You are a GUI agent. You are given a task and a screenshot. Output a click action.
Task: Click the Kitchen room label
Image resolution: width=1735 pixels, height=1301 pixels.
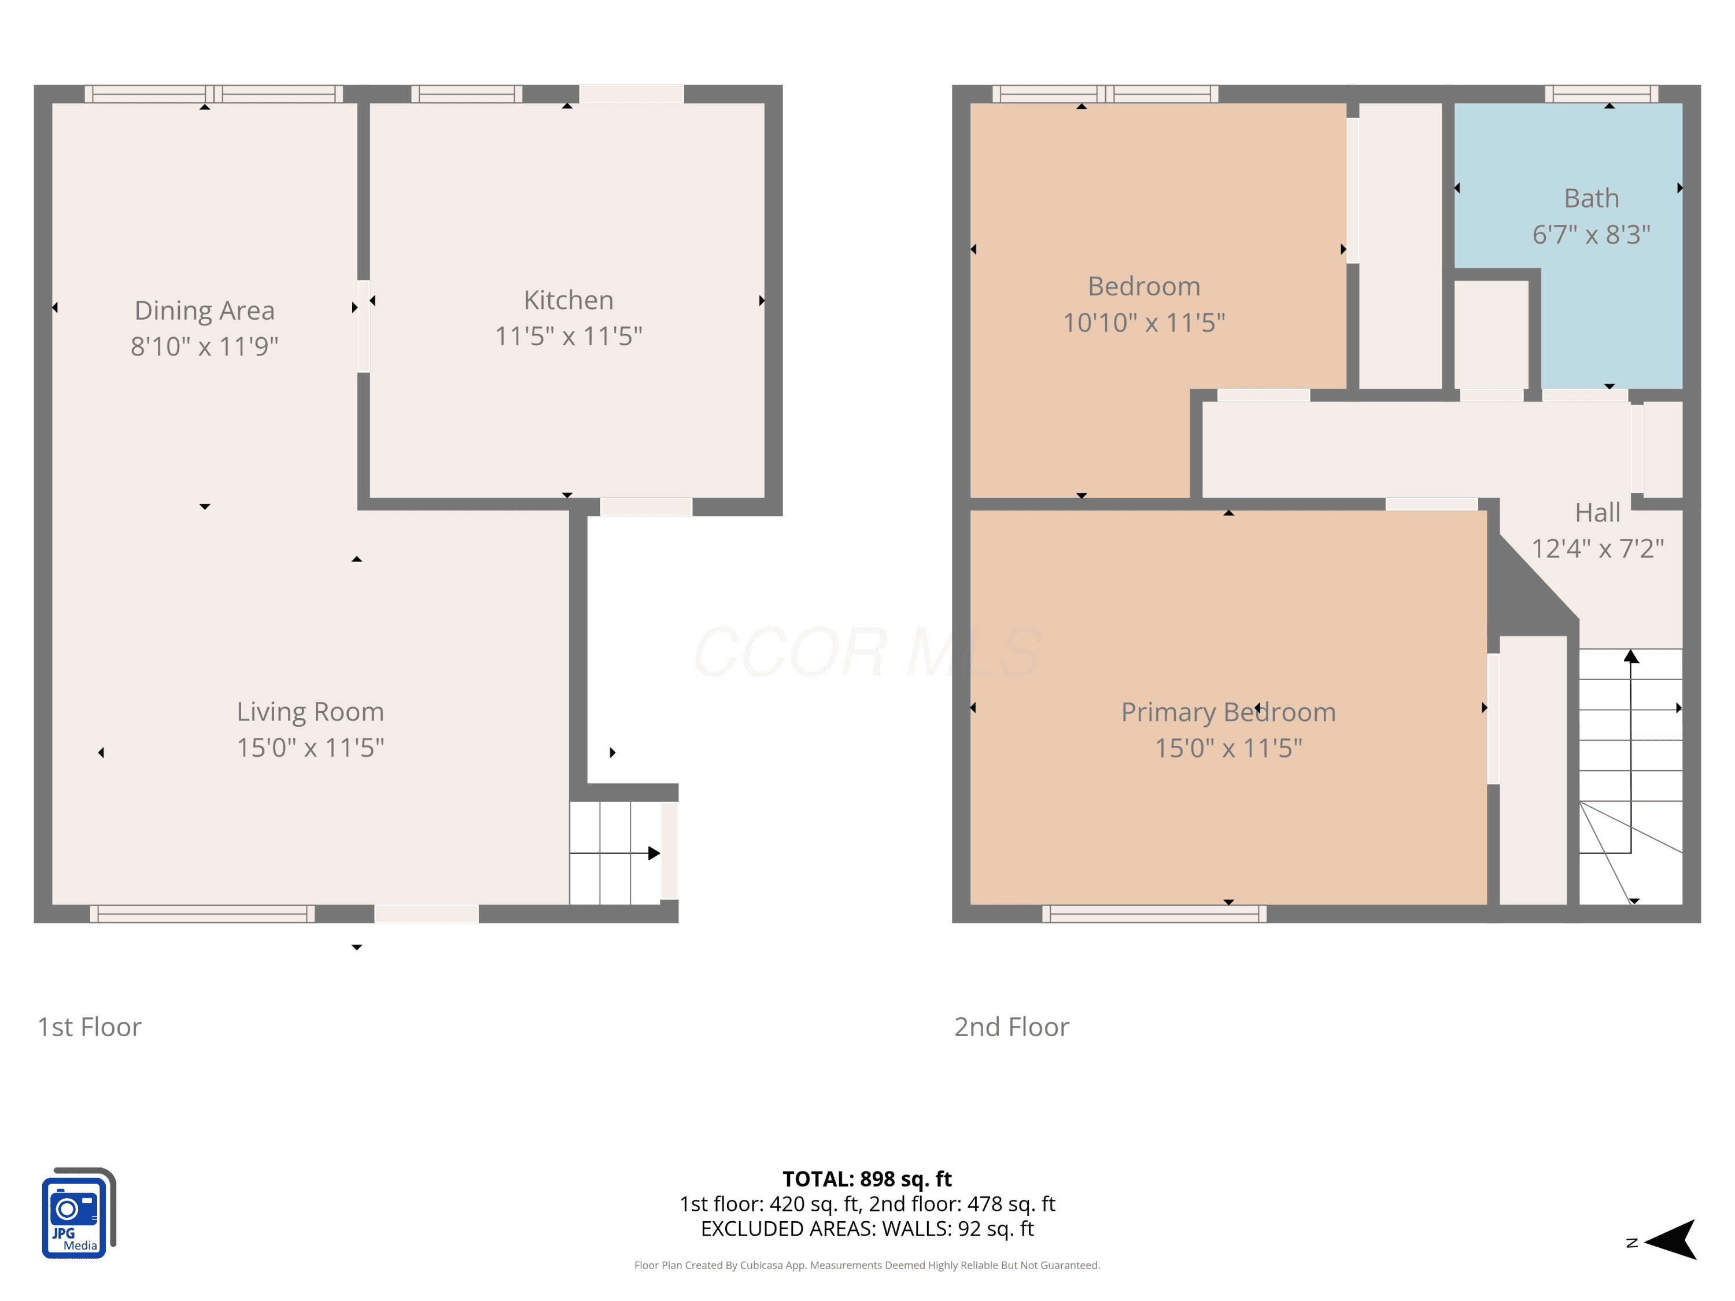tap(569, 300)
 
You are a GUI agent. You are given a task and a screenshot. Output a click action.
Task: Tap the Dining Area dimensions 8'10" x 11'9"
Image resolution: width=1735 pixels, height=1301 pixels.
tap(205, 346)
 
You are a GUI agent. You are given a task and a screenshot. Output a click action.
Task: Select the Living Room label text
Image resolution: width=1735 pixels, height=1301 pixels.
tap(311, 712)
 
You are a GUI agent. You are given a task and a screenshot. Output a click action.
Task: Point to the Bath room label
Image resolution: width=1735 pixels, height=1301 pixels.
tap(1592, 198)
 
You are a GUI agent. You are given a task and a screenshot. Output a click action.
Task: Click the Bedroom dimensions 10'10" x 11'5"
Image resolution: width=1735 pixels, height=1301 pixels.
tap(1143, 322)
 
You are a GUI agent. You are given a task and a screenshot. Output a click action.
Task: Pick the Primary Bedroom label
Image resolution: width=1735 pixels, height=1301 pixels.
tap(1228, 712)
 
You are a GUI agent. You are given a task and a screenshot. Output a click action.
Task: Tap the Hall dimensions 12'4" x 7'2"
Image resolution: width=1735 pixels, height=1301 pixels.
tap(1598, 548)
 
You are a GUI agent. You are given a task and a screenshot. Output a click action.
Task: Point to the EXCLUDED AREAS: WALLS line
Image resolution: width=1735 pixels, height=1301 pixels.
tap(867, 1229)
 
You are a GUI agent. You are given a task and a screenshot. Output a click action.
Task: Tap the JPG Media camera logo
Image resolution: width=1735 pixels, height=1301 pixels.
tap(79, 1213)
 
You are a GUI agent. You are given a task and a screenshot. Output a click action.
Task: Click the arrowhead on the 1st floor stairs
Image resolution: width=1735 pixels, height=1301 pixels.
tap(654, 853)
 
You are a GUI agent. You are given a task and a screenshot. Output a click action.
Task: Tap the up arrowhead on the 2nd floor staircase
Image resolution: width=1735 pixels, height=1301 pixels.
tap(1631, 656)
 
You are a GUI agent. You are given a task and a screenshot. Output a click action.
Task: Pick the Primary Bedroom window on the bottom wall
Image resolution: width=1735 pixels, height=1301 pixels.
tap(1154, 914)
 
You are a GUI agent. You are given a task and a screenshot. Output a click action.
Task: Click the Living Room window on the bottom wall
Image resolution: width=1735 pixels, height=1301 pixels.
tap(202, 914)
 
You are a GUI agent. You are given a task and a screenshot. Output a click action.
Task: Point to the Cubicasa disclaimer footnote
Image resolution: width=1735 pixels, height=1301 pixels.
tap(867, 1265)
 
